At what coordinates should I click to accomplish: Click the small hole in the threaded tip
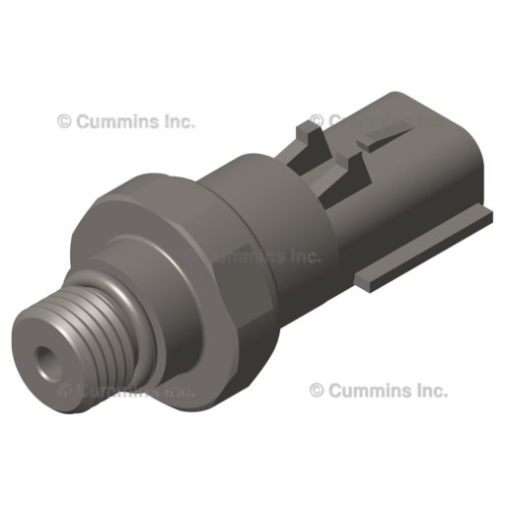click(x=43, y=356)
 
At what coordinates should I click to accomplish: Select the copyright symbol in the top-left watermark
click(x=64, y=122)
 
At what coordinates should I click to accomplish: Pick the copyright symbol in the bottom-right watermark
click(x=317, y=391)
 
